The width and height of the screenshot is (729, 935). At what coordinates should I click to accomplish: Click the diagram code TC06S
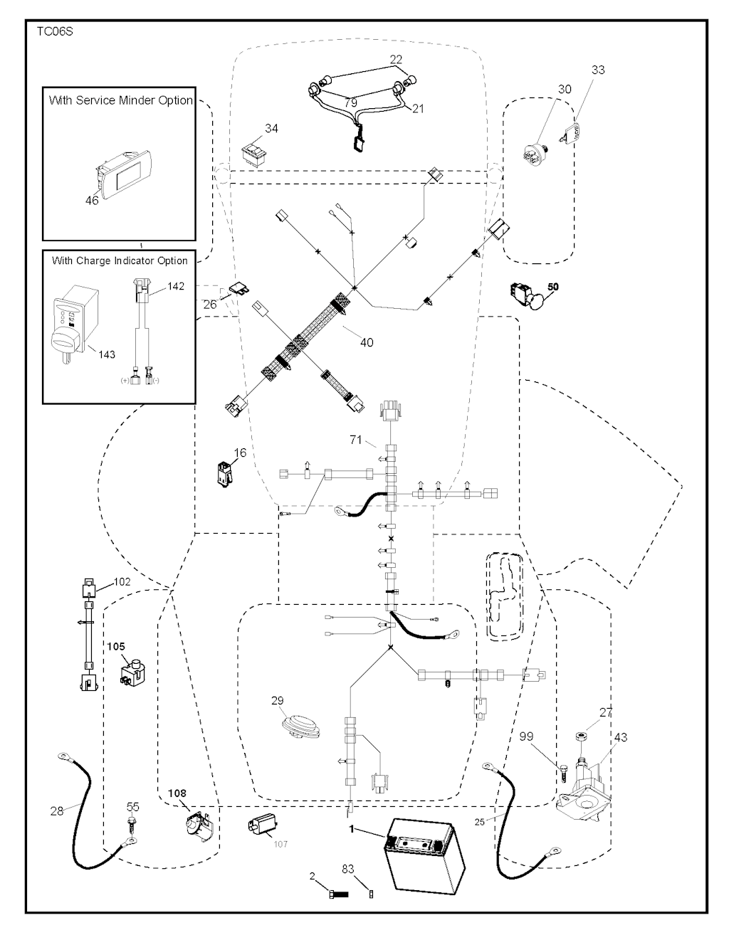coord(55,32)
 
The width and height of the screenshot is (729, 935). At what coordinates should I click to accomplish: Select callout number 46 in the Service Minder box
coord(92,200)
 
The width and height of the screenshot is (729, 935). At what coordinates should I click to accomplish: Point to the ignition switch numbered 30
coord(535,154)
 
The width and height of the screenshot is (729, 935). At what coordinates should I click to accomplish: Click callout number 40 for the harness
coord(367,342)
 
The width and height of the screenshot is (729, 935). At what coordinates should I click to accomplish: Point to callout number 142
coord(176,286)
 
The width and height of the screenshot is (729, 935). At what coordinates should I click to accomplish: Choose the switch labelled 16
coord(226,473)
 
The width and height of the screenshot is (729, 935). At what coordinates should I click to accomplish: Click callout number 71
coord(355,440)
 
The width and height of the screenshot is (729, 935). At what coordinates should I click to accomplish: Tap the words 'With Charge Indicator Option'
coord(120,260)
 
